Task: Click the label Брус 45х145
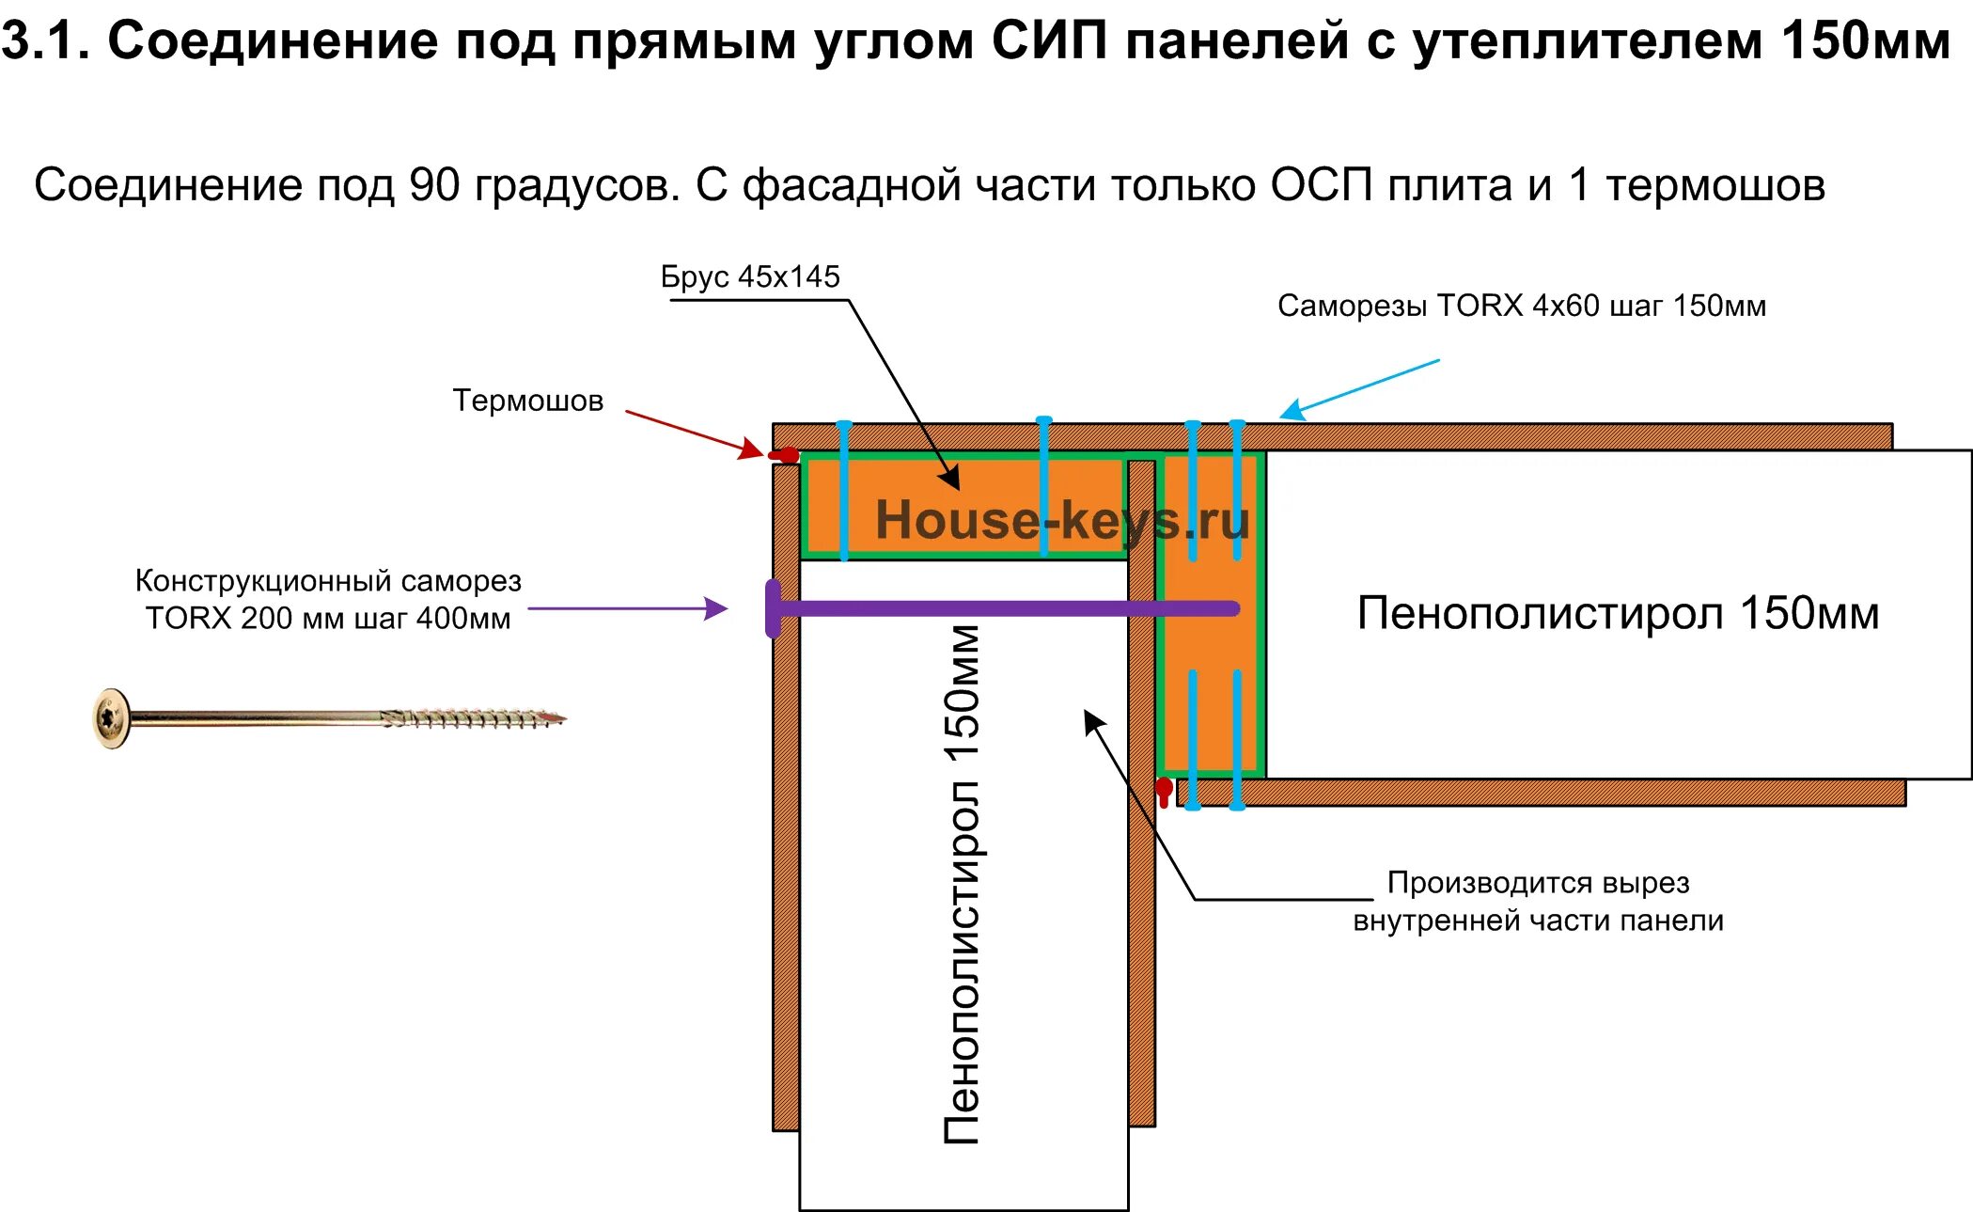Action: coord(749,277)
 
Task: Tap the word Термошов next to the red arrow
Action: coord(527,401)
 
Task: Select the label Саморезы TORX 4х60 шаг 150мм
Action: coord(1521,307)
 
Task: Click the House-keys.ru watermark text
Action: coord(1061,520)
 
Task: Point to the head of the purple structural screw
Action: coord(774,608)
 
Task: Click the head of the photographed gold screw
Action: coord(112,719)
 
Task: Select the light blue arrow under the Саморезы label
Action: coord(1358,388)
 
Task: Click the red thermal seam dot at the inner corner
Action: coord(1164,789)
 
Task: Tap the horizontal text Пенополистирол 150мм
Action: coord(1617,614)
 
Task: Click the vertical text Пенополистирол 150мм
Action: coord(963,884)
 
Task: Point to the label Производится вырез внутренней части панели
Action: coord(1538,902)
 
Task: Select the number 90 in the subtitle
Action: coord(433,185)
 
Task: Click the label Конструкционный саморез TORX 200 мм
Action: coord(328,600)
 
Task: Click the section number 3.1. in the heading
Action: coord(45,41)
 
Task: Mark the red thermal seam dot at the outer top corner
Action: coord(785,456)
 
